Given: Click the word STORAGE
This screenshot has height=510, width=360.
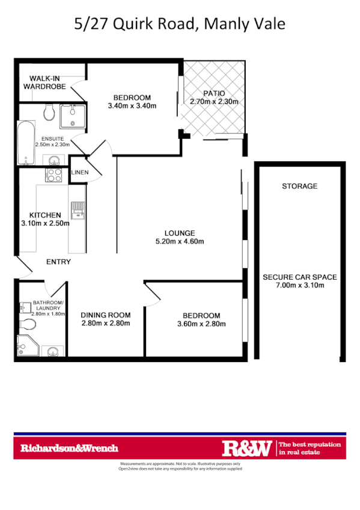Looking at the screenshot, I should pyautogui.click(x=299, y=186).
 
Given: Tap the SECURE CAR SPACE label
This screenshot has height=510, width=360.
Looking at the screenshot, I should pyautogui.click(x=299, y=277).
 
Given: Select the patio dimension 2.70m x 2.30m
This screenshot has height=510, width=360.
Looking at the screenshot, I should pyautogui.click(x=214, y=102).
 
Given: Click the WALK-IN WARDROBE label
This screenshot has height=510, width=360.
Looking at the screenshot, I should pyautogui.click(x=43, y=82).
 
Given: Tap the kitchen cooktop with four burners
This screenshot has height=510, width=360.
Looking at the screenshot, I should pyautogui.click(x=54, y=175).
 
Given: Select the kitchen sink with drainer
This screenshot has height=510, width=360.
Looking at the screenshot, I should pyautogui.click(x=77, y=211).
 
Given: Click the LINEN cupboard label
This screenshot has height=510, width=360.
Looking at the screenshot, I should pyautogui.click(x=79, y=173).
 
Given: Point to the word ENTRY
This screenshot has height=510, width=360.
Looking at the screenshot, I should pyautogui.click(x=58, y=262).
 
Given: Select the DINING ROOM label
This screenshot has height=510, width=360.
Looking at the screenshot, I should pyautogui.click(x=105, y=315).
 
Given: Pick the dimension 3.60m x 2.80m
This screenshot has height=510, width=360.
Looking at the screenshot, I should pyautogui.click(x=201, y=324).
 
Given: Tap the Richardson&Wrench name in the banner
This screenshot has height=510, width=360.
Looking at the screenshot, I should pyautogui.click(x=70, y=448).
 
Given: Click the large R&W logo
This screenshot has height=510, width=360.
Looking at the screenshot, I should pyautogui.click(x=247, y=448).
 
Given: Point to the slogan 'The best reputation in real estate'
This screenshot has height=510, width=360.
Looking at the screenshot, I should pyautogui.click(x=310, y=448).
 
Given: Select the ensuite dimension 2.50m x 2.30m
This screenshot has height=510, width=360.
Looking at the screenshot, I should pyautogui.click(x=53, y=144).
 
